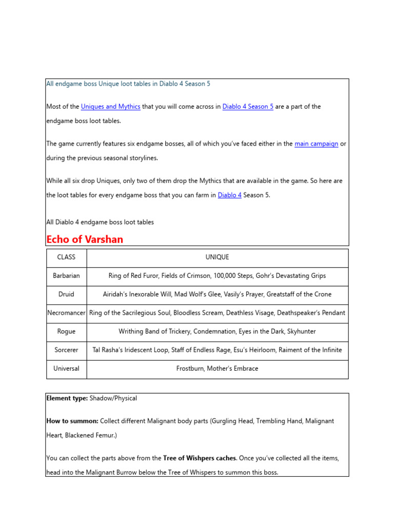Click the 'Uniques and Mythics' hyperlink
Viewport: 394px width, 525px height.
coord(110,107)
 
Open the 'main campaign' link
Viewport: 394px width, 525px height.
coord(316,144)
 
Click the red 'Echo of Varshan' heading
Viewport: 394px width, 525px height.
coord(85,239)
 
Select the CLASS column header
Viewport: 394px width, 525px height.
coord(66,257)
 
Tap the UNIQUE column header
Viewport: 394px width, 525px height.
coord(217,257)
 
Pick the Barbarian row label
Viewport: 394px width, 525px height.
coord(66,276)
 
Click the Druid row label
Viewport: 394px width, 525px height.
coord(66,294)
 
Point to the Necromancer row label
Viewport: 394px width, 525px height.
coord(66,313)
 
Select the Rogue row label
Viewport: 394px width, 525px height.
coord(66,332)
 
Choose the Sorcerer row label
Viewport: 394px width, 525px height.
coord(66,350)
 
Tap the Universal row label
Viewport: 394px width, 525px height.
coord(66,369)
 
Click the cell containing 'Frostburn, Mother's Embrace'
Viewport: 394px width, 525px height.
coord(217,369)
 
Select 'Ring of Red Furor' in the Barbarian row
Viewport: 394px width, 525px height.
coord(133,276)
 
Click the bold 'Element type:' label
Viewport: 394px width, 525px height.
coord(67,398)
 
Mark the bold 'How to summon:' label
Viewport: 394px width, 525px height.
coord(72,421)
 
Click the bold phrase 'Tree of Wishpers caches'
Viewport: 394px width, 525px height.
coord(200,458)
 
